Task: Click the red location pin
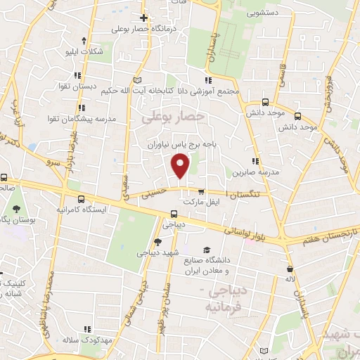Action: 181,166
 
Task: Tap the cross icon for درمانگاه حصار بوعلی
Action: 143,18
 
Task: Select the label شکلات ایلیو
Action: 79,52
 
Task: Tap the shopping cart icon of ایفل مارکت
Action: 202,191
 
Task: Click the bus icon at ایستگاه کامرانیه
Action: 82,199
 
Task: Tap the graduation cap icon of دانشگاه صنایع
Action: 207,250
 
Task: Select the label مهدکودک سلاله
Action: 87,340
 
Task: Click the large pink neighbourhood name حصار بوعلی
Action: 173,117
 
